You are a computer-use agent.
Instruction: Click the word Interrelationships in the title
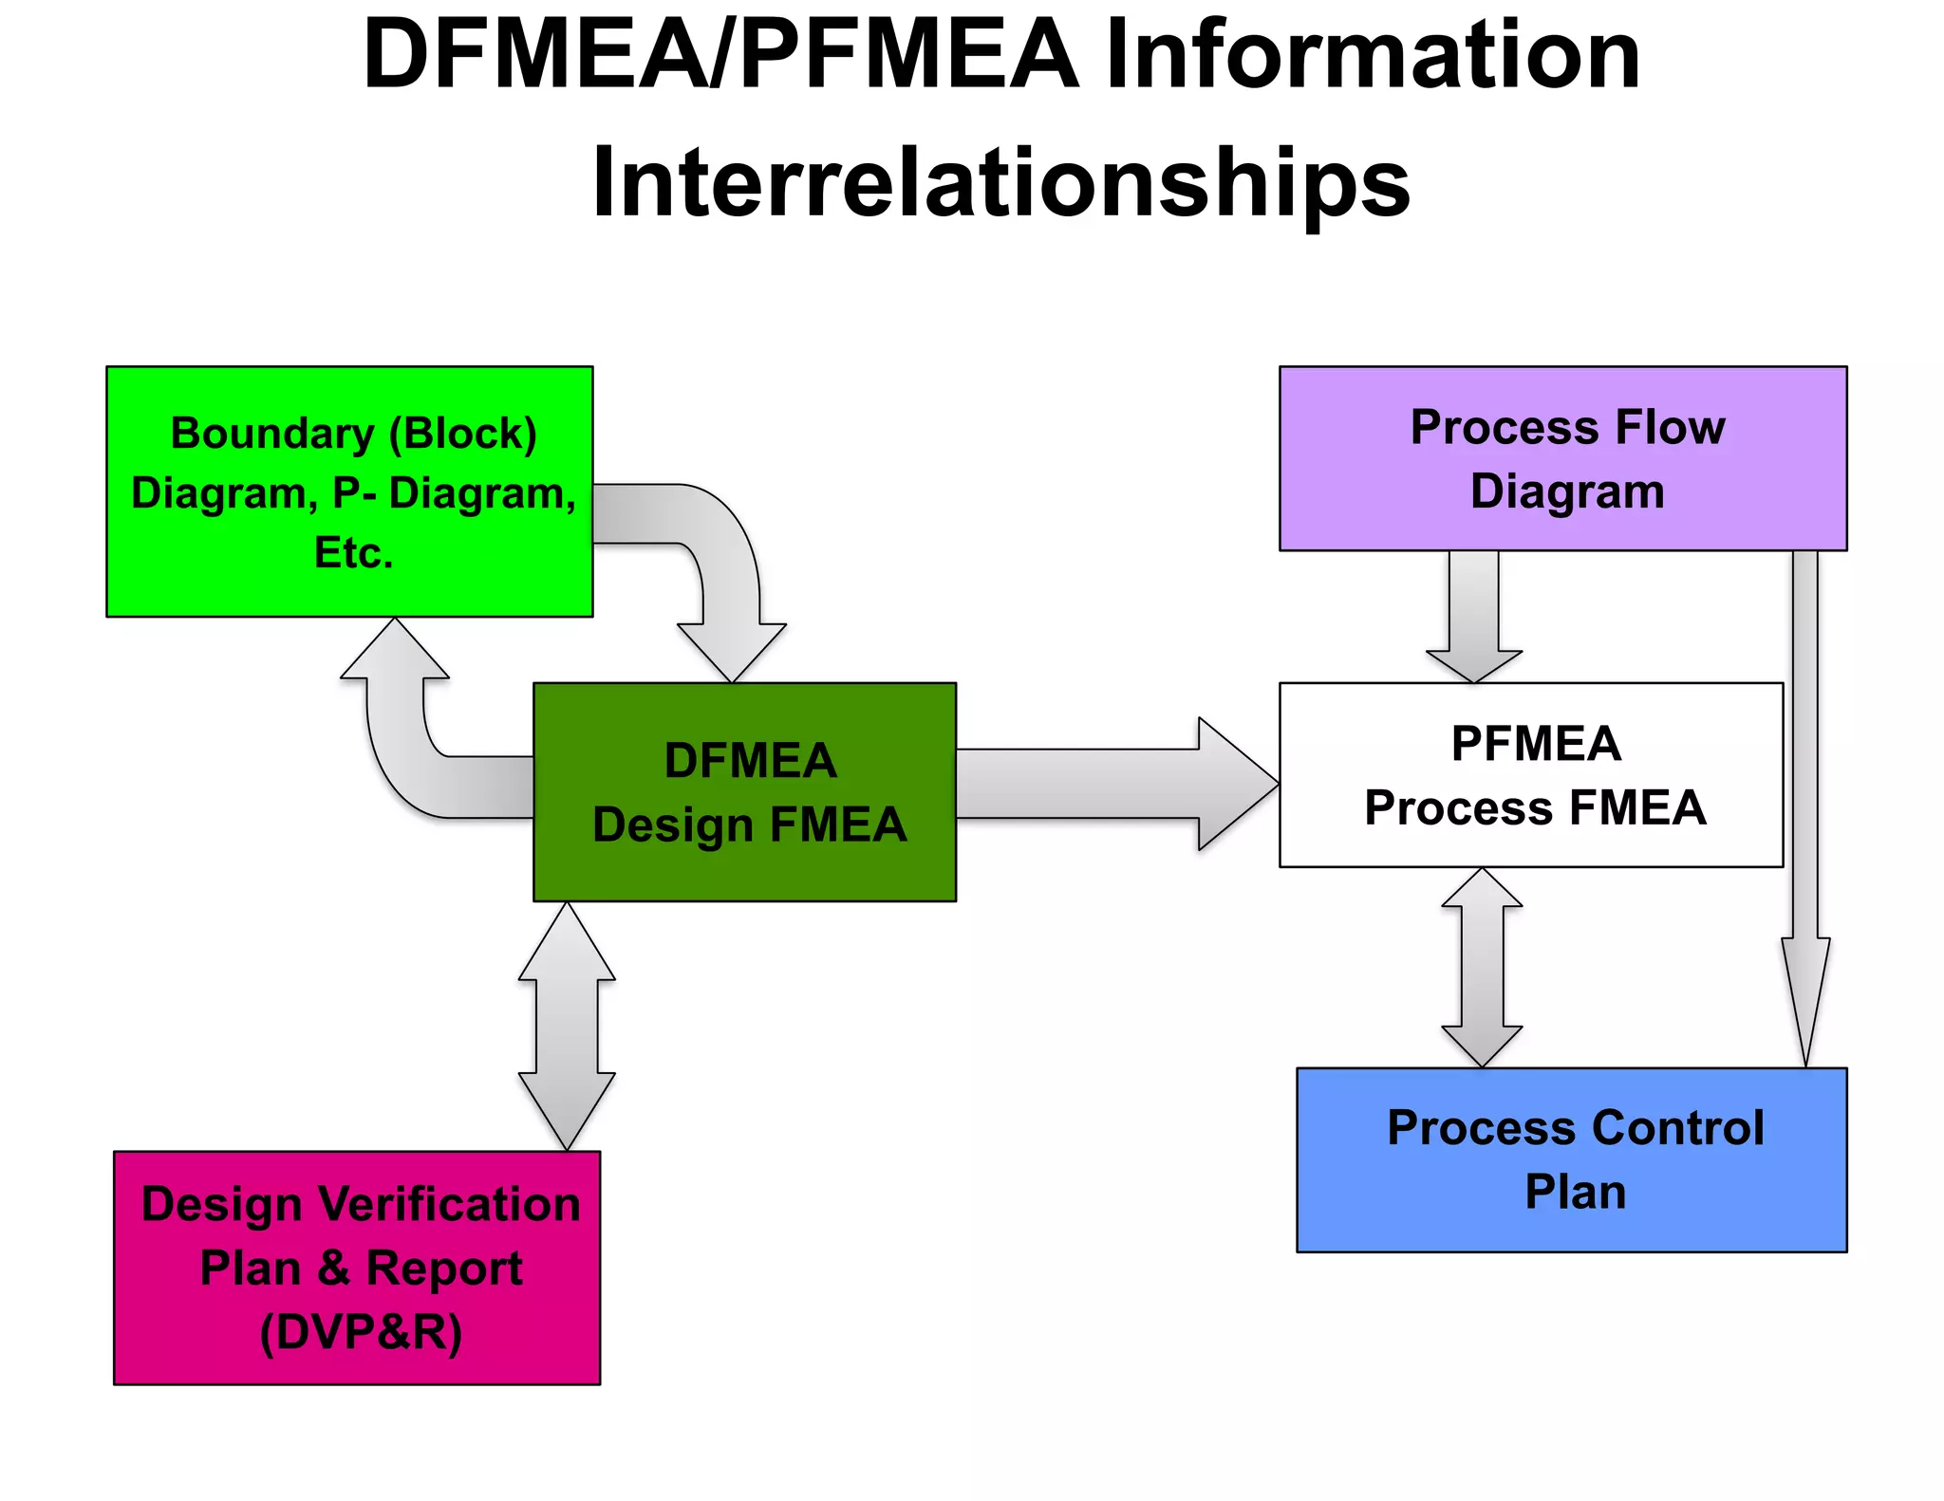[1000, 182]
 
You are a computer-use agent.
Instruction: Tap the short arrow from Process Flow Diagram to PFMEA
[1474, 617]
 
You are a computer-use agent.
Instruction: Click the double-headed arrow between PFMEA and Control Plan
[1482, 968]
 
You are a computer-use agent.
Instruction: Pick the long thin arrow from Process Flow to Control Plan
[1805, 806]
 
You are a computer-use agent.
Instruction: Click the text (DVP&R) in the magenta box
[361, 1332]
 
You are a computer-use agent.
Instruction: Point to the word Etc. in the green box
[353, 552]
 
